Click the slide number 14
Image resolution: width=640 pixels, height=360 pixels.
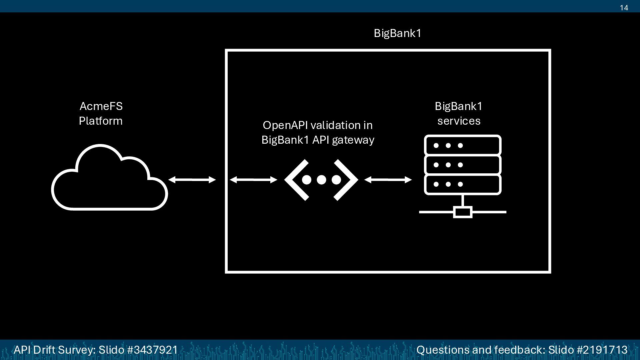(x=624, y=8)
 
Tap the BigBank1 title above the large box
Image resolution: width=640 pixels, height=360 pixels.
(x=397, y=33)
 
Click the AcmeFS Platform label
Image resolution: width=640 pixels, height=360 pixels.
(x=101, y=113)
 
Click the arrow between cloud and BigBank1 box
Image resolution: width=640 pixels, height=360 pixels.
(x=192, y=180)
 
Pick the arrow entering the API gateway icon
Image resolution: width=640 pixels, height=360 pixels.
(x=253, y=180)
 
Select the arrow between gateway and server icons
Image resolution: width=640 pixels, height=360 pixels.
(x=388, y=180)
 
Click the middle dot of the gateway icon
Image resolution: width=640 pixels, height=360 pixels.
(x=321, y=180)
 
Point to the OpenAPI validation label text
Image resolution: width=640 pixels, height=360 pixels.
(x=318, y=132)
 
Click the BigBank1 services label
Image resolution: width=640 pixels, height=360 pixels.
(x=459, y=113)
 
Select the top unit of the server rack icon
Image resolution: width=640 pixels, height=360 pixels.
(x=463, y=145)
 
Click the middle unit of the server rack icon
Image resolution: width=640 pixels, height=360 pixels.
(x=463, y=165)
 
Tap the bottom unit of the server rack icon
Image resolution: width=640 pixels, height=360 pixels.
(x=463, y=184)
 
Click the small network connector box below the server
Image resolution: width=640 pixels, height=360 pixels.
(x=463, y=212)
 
